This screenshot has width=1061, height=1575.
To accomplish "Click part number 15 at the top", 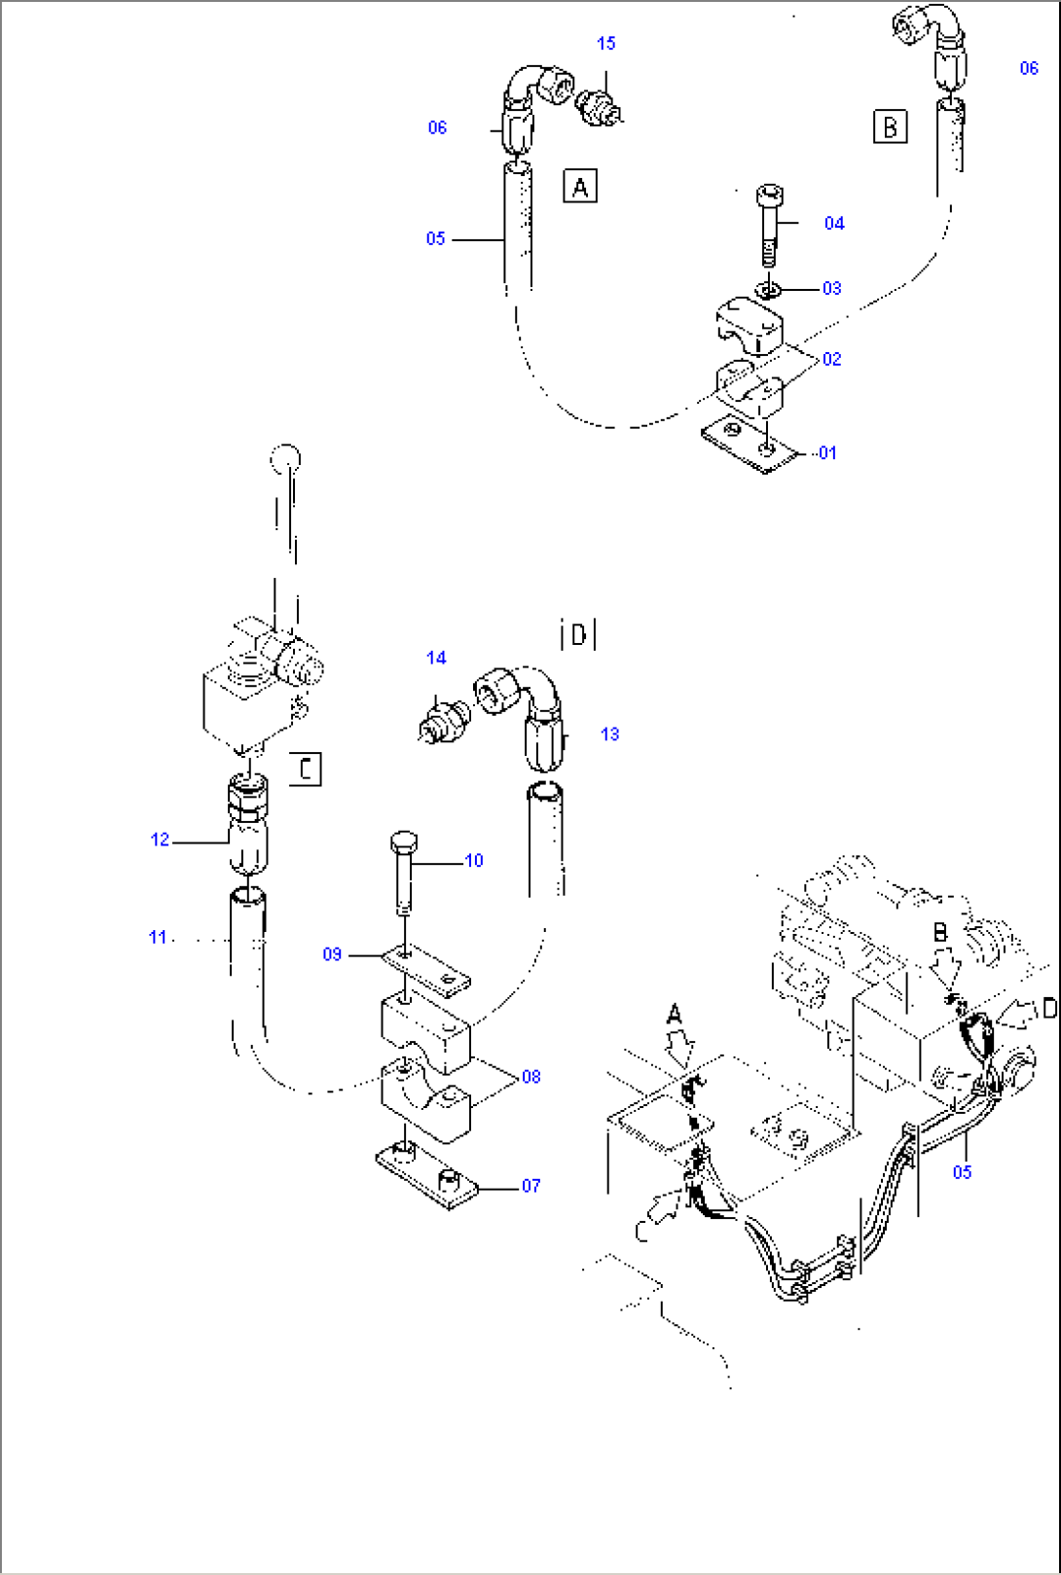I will (605, 43).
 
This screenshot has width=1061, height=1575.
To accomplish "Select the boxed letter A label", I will (580, 185).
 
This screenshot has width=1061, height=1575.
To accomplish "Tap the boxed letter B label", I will (890, 126).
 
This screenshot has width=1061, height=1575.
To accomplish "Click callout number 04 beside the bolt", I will (834, 223).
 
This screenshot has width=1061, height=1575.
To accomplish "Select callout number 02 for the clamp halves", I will (831, 359).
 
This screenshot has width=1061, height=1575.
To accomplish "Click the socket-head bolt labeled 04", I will (769, 224).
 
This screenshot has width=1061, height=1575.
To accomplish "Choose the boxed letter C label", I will (306, 769).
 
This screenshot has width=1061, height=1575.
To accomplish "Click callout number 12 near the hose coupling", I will (160, 840).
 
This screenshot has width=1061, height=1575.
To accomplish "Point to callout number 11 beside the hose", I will (158, 937).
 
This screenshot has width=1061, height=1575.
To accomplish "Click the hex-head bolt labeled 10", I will (404, 874).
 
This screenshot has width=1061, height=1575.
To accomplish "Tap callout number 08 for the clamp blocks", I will (530, 1076).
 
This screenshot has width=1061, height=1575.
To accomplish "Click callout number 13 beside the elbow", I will (609, 734).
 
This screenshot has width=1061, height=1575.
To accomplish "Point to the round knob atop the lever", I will (285, 457).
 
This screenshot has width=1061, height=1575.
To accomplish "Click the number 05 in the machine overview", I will (962, 1171).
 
